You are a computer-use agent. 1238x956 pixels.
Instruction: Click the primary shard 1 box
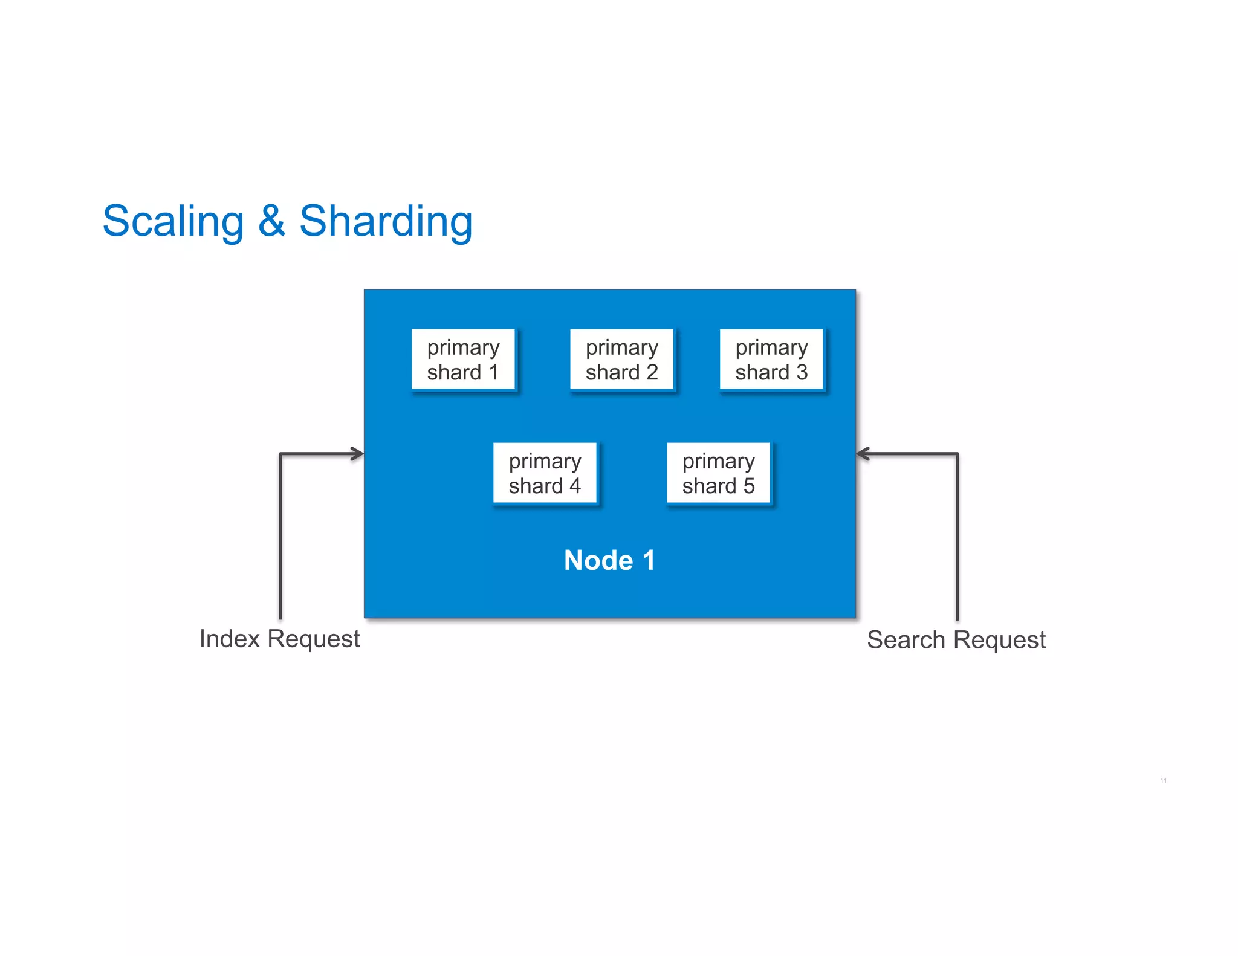click(463, 360)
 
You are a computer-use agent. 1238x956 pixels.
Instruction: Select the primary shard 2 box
click(621, 360)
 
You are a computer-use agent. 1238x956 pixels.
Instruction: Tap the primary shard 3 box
click(771, 360)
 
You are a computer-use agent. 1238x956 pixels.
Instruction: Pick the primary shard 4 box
click(545, 473)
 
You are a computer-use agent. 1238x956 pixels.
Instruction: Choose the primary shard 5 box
click(718, 473)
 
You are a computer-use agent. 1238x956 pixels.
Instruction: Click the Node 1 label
click(609, 560)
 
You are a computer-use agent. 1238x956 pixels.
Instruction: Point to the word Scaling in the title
click(173, 221)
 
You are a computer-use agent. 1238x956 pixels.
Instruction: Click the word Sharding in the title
click(386, 221)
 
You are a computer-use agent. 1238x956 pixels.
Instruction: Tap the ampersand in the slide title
click(271, 221)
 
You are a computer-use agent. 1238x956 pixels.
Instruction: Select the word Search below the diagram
click(906, 640)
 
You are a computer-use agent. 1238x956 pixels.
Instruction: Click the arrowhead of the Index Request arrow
click(358, 454)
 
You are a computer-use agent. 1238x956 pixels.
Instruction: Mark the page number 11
click(1163, 781)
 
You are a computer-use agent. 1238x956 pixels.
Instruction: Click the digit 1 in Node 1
click(649, 560)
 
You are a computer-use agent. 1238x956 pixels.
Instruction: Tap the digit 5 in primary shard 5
click(749, 486)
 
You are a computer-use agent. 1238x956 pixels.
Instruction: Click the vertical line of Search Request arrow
click(958, 538)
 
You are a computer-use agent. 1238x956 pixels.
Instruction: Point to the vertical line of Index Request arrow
click(280, 538)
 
